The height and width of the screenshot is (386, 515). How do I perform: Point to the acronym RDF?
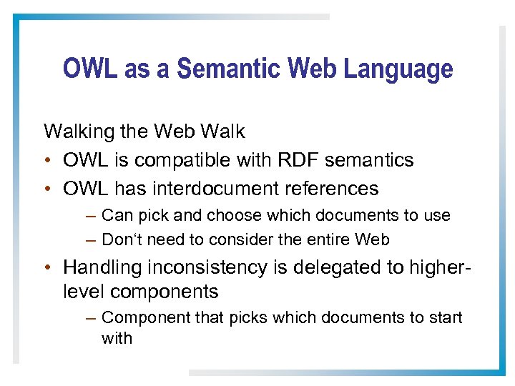(x=299, y=160)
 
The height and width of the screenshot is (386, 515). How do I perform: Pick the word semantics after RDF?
(x=369, y=160)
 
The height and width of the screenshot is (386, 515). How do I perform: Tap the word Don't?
(x=122, y=239)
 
